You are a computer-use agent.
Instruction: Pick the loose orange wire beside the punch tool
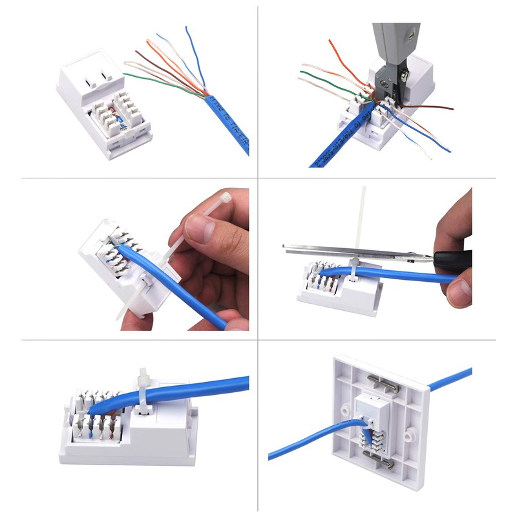tap(339, 61)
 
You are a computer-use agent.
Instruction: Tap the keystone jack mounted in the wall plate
tap(372, 420)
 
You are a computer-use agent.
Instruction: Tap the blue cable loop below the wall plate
tap(304, 446)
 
